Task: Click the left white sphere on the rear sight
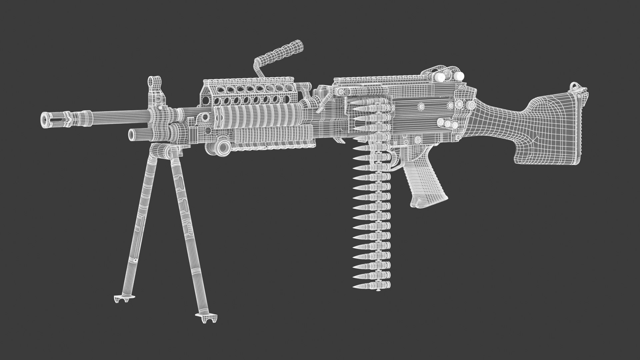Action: pyautogui.click(x=440, y=77)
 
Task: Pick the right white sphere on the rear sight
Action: pyautogui.click(x=460, y=76)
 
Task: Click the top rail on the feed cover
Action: pyautogui.click(x=380, y=80)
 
